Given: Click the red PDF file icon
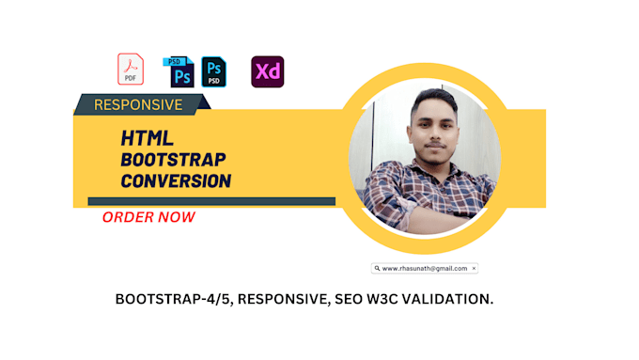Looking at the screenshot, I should click(x=131, y=70).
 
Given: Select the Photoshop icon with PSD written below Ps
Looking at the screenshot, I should click(x=214, y=71).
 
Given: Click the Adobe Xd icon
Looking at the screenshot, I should click(x=267, y=71).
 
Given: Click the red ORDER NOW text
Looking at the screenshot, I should click(x=149, y=217).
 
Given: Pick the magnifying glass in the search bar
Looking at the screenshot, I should click(x=376, y=268).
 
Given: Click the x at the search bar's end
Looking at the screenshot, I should click(x=474, y=268).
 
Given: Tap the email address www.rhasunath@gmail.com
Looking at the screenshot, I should click(x=424, y=268).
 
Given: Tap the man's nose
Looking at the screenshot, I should click(x=438, y=134).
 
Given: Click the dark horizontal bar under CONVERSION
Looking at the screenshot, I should click(x=211, y=200).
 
